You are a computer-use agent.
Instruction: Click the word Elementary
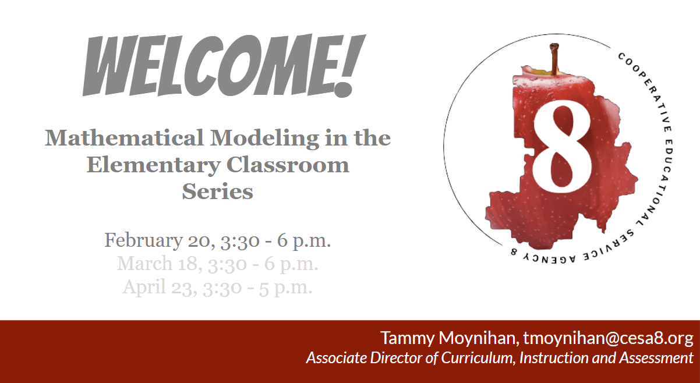[153, 165]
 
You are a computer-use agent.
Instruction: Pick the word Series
[217, 191]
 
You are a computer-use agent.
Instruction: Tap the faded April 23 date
[154, 286]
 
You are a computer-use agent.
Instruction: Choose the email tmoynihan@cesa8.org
[608, 338]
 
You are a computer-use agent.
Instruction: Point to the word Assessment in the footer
[656, 357]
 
